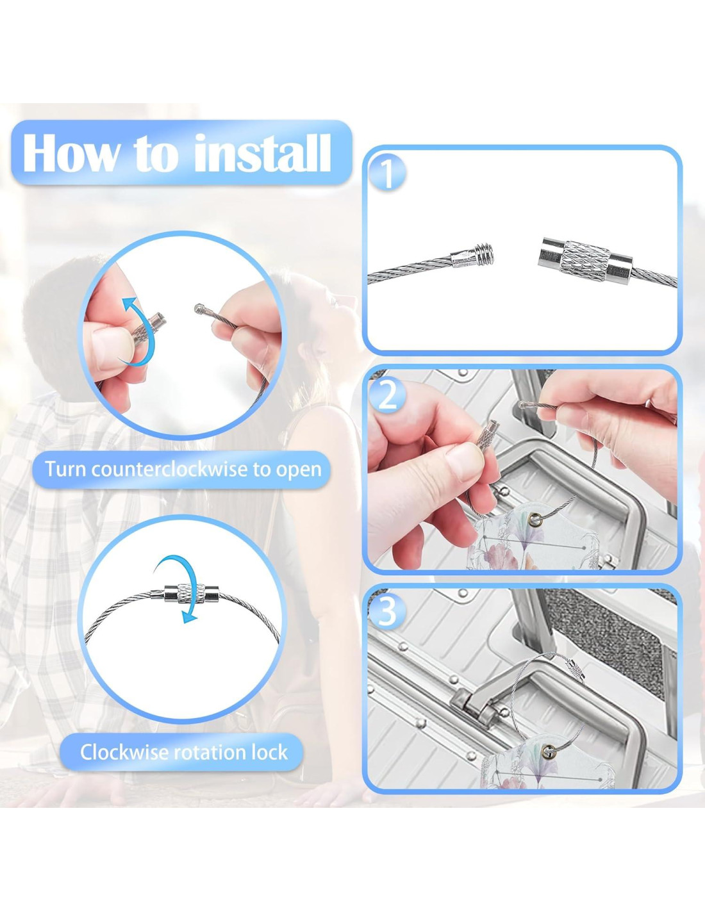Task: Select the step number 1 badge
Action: pos(388,174)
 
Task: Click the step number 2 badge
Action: pos(387,396)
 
